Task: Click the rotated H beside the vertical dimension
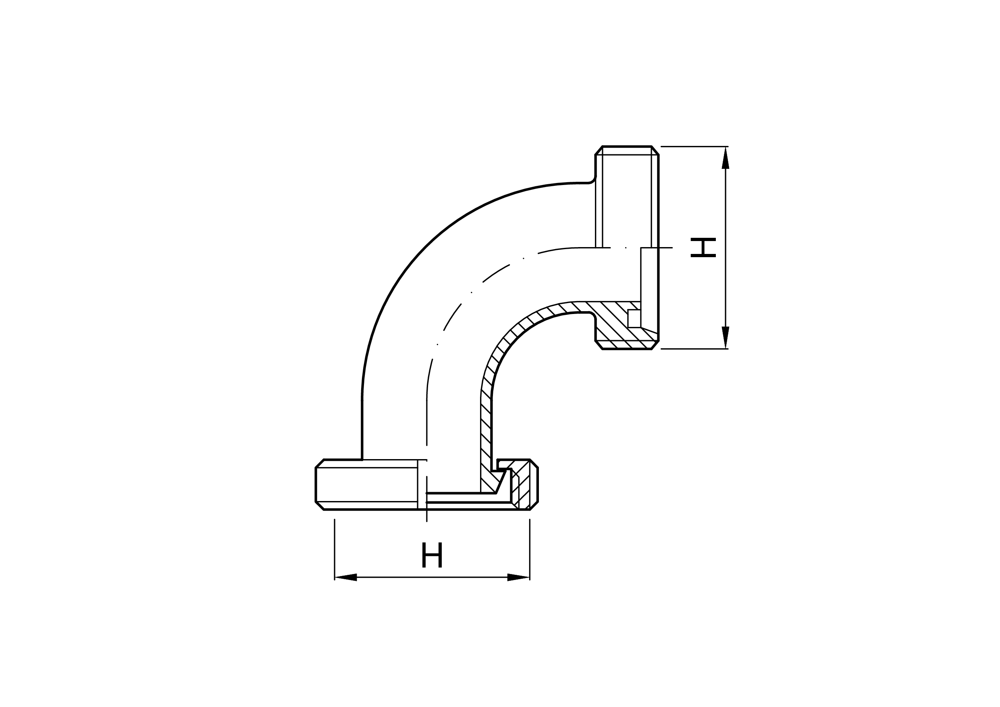[x=703, y=247]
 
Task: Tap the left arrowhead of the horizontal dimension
[x=346, y=577]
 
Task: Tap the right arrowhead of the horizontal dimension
[x=518, y=577]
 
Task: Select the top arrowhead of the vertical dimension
[x=725, y=158]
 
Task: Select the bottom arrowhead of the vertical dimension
[x=725, y=338]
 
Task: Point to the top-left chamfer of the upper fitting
[x=599, y=150]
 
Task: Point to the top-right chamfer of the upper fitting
[x=655, y=150]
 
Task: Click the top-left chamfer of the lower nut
[x=320, y=464]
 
